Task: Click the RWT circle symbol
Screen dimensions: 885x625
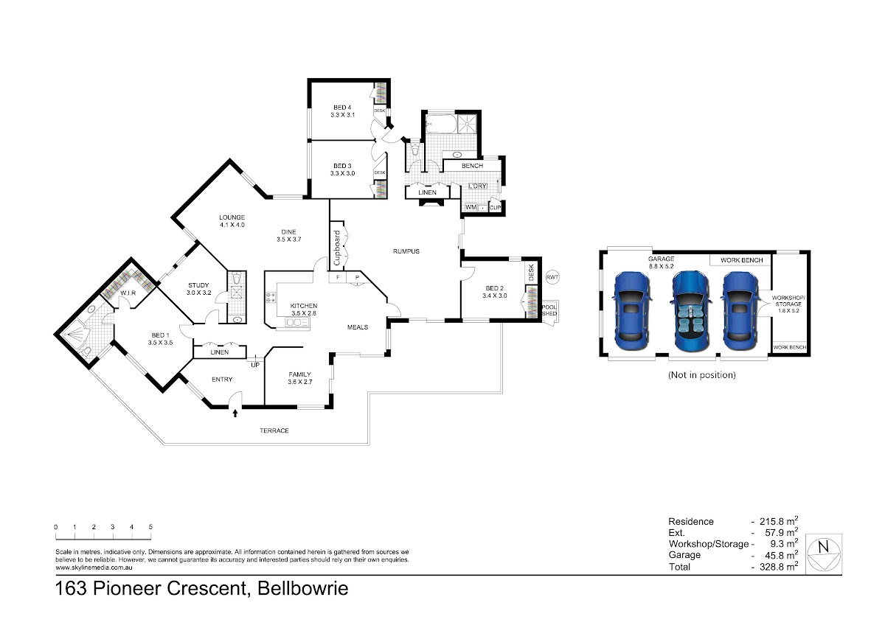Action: [552, 277]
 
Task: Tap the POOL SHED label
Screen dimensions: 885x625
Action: [549, 310]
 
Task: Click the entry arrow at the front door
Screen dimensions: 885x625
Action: [235, 413]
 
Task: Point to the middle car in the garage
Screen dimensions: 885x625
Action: [691, 311]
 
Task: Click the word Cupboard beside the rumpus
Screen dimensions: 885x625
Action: [337, 248]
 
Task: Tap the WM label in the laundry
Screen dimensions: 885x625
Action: [471, 207]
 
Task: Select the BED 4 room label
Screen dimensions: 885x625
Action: [342, 108]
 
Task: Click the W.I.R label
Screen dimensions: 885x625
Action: [128, 293]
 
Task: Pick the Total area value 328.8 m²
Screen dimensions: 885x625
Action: [778, 567]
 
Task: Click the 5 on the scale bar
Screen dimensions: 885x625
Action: [150, 527]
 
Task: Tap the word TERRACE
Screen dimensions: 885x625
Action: [274, 430]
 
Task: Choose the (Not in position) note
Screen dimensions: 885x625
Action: [701, 374]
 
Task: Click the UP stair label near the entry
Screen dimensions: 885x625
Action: [255, 366]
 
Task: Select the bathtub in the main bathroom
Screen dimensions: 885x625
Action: [441, 124]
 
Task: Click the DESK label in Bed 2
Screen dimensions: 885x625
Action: [531, 273]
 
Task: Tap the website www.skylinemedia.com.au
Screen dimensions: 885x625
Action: [94, 568]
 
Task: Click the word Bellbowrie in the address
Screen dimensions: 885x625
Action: [303, 588]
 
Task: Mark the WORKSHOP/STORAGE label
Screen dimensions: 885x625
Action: [788, 301]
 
